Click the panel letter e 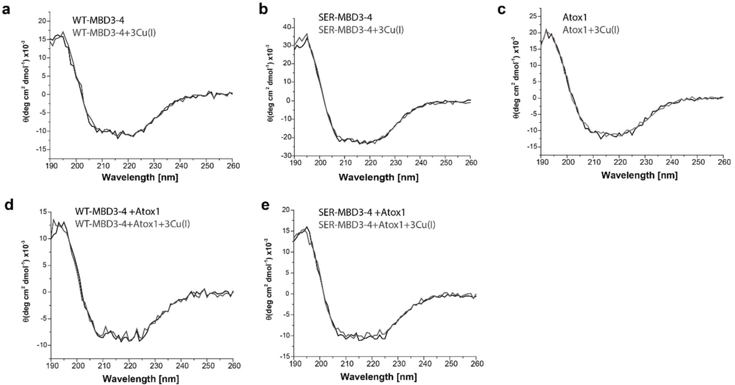[265, 205]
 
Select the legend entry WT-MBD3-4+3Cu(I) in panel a [114, 33]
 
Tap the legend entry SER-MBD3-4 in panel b [345, 17]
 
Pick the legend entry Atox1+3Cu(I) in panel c [591, 30]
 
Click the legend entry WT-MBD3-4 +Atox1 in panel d [117, 212]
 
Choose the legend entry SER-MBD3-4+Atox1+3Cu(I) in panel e [377, 225]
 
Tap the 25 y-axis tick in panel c [532, 16]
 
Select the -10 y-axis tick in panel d [41, 345]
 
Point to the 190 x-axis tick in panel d [51, 366]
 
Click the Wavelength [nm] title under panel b [379, 177]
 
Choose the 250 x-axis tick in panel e [449, 364]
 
